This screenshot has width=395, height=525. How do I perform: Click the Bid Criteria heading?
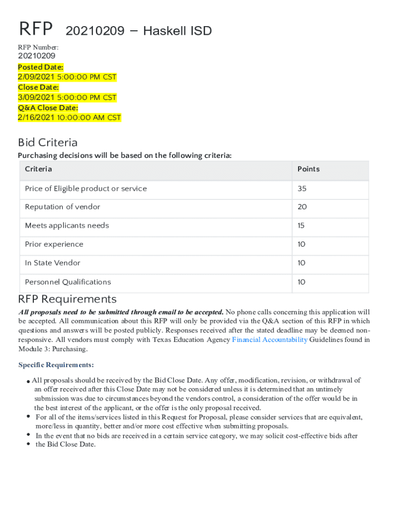pyautogui.click(x=48, y=143)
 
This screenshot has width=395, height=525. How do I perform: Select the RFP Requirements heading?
pyautogui.click(x=67, y=299)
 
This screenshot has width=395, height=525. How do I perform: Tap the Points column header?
pyautogui.click(x=308, y=169)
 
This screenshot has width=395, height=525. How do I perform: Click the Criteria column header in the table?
pyautogui.click(x=38, y=169)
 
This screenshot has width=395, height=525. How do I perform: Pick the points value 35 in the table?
pyautogui.click(x=302, y=189)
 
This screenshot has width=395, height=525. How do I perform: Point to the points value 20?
pyautogui.click(x=302, y=207)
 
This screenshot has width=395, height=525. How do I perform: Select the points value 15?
pyautogui.click(x=301, y=226)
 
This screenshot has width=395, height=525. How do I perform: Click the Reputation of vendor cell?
pyautogui.click(x=63, y=207)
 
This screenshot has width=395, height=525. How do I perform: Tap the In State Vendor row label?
pyautogui.click(x=52, y=263)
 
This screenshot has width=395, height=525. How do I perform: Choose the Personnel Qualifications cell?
pyautogui.click(x=68, y=282)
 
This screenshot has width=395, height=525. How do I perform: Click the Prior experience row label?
pyautogui.click(x=54, y=245)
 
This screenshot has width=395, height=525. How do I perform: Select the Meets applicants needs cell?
pyautogui.click(x=67, y=226)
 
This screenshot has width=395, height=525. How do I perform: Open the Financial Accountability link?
pyautogui.click(x=270, y=339)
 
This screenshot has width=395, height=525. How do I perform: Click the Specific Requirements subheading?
pyautogui.click(x=56, y=365)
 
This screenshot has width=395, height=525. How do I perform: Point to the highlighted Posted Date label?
pyautogui.click(x=41, y=67)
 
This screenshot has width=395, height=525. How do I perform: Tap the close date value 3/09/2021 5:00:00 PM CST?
pyautogui.click(x=67, y=97)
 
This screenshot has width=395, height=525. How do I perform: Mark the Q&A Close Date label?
pyautogui.click(x=48, y=108)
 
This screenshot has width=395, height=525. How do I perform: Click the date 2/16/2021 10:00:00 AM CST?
pyautogui.click(x=69, y=118)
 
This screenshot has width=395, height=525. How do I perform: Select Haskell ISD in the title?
pyautogui.click(x=177, y=31)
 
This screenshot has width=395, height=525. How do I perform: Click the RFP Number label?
pyautogui.click(x=38, y=48)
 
